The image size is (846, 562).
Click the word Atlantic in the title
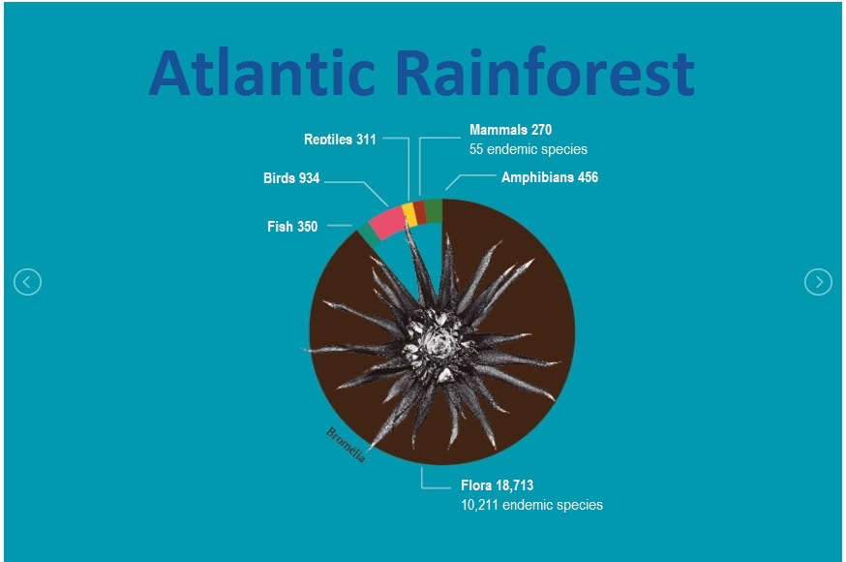tap(261, 73)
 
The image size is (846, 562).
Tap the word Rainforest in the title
tap(546, 72)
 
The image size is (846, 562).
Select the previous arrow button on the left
tap(27, 282)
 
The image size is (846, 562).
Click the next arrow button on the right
tap(818, 282)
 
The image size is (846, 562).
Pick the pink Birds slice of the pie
tap(386, 223)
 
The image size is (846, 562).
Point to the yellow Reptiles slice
tap(409, 214)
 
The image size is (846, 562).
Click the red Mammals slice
tap(420, 211)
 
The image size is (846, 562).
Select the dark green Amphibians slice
tap(434, 210)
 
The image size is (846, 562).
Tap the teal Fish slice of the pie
tap(368, 236)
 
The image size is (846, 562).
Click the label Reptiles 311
tap(340, 140)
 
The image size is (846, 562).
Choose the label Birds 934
tap(291, 178)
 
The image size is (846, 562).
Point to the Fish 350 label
tap(292, 226)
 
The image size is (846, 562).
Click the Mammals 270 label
tap(510, 130)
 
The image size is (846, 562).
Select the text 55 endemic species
tap(529, 149)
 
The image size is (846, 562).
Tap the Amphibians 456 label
tap(550, 177)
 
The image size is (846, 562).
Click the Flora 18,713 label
tap(497, 485)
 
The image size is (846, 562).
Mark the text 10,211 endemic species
tap(532, 505)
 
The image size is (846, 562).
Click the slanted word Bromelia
tap(346, 445)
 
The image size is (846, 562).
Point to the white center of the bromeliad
tap(436, 342)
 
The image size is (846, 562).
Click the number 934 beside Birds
tap(309, 178)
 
